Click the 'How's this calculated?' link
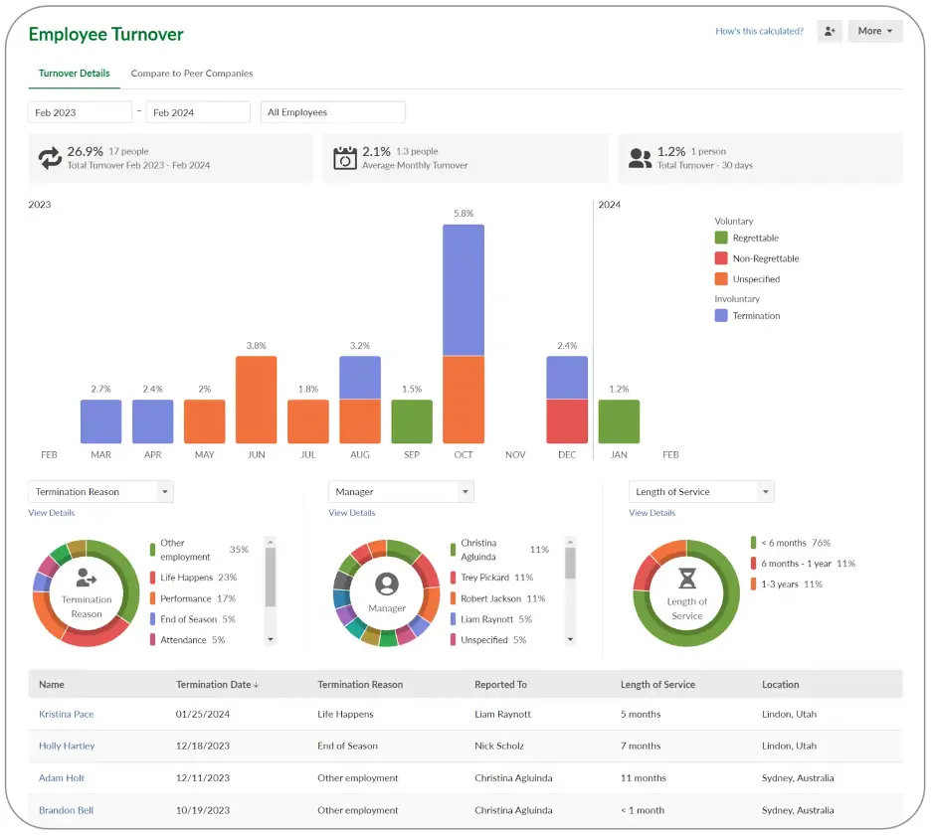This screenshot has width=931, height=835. click(759, 31)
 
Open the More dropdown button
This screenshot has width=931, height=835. click(874, 31)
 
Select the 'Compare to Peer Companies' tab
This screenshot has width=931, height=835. click(192, 74)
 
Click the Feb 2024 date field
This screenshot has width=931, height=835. click(197, 112)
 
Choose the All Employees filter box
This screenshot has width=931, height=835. click(332, 112)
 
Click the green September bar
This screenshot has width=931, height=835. click(412, 421)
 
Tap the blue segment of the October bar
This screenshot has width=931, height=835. click(464, 290)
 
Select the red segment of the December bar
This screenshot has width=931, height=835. click(567, 421)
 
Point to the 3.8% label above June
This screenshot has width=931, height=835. click(256, 346)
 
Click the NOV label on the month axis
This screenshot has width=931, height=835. click(515, 454)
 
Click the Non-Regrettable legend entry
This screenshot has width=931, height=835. click(765, 258)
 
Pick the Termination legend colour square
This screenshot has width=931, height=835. click(721, 315)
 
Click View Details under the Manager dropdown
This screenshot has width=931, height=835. click(352, 513)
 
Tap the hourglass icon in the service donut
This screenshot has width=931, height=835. click(687, 579)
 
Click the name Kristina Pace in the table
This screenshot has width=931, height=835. click(67, 714)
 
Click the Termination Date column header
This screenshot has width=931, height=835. click(217, 684)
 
